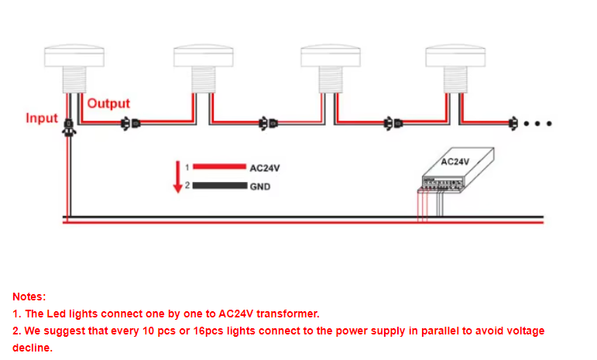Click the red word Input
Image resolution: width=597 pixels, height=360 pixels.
(42, 118)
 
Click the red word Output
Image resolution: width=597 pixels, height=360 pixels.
(108, 104)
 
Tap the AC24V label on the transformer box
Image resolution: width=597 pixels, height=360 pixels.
(455, 162)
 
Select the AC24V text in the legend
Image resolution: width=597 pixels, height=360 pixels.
(265, 168)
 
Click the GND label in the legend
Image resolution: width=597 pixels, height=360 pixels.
(260, 187)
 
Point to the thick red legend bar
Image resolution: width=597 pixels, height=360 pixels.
(219, 166)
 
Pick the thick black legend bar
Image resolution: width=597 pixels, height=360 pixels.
(220, 186)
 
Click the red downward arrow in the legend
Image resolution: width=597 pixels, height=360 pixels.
(178, 177)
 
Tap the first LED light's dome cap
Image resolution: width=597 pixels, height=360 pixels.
(74, 56)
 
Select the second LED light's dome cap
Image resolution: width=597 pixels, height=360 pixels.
(204, 56)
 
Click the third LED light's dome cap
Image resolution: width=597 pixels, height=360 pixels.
(331, 56)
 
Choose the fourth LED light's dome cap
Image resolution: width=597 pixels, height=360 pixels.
(455, 56)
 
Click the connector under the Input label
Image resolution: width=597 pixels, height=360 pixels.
(69, 128)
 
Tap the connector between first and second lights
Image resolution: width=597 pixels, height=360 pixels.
(131, 124)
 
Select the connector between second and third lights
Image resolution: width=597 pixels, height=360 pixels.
(268, 124)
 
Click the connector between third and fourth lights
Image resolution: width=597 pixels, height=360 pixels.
(393, 124)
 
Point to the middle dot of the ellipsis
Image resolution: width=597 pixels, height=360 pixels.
(537, 124)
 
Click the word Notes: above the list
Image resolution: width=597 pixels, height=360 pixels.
(29, 297)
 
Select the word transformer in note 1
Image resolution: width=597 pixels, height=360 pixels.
(288, 314)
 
